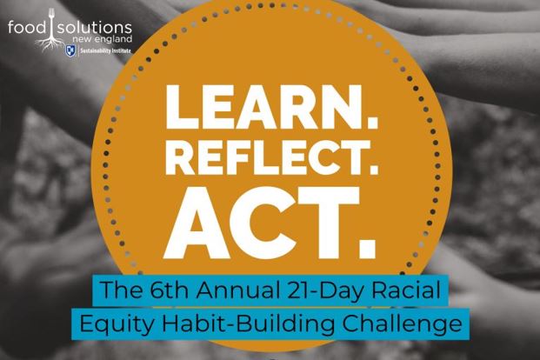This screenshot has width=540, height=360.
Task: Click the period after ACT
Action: tap(367, 248)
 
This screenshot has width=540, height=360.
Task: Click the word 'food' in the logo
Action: tap(27, 28)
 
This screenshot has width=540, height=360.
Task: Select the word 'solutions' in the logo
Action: tap(94, 28)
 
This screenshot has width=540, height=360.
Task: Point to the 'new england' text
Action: tap(104, 39)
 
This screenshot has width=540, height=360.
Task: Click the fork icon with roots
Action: tap(51, 30)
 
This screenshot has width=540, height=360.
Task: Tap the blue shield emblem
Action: tap(71, 51)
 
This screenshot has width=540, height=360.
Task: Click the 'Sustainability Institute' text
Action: tap(105, 51)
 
